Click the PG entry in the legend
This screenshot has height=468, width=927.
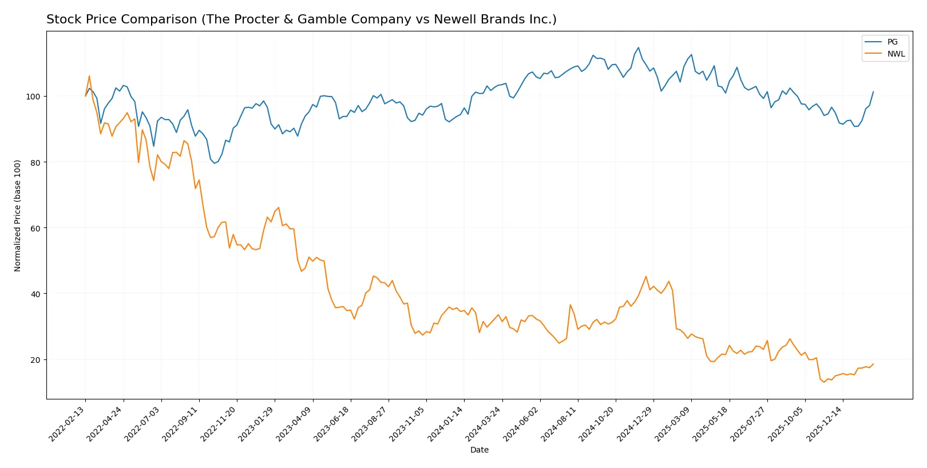pos(892,42)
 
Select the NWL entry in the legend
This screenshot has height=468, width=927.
pos(896,54)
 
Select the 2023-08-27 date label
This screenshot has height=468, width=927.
pos(370,423)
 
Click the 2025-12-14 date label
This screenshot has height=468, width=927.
pos(825,423)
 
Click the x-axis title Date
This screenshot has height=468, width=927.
pos(479,450)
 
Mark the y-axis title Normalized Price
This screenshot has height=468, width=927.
pos(18,215)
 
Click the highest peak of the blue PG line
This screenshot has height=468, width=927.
pos(638,48)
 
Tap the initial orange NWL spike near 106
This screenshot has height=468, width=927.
pos(89,77)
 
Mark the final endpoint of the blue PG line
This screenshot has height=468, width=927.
pos(873,91)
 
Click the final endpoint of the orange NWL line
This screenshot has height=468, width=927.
pos(873,364)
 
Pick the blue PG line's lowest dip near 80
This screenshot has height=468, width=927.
pos(215,163)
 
